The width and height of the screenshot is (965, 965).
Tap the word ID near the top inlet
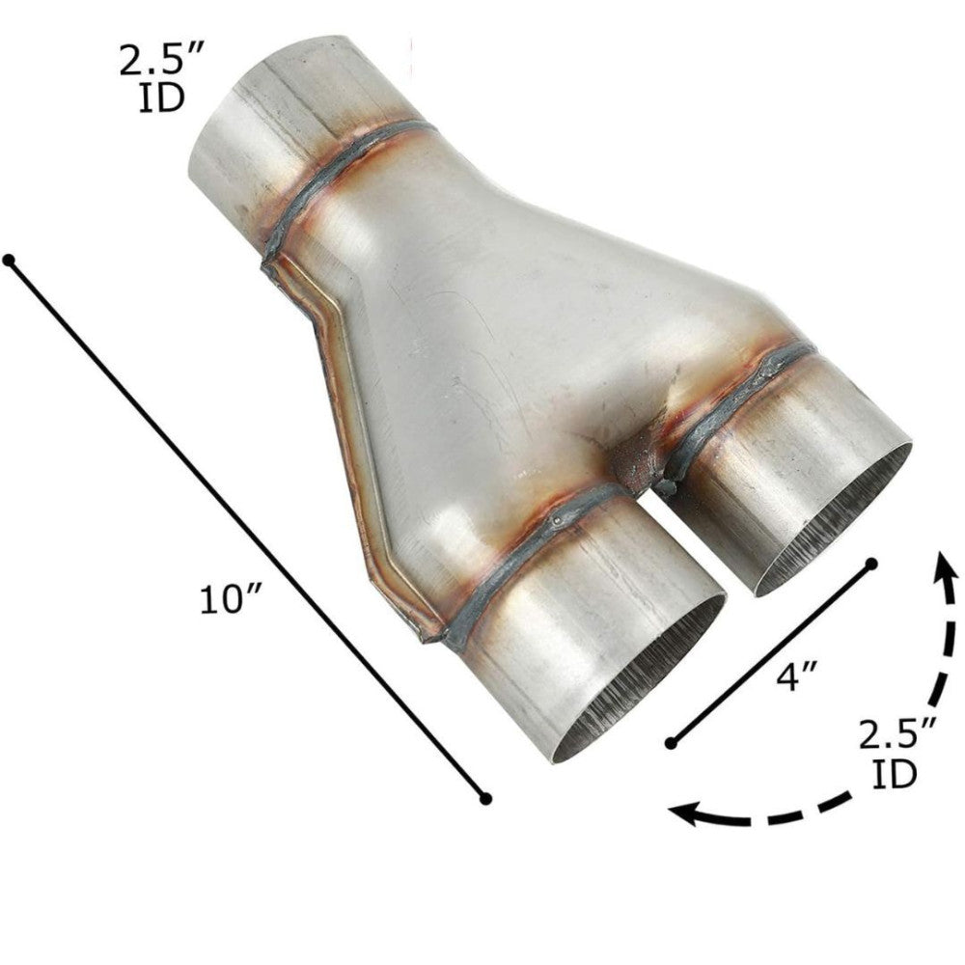tap(160, 99)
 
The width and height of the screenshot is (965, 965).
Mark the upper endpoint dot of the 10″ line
tap(9, 261)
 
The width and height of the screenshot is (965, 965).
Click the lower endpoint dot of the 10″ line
tap(486, 798)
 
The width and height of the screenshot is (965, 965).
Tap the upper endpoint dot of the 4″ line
tap(871, 563)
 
